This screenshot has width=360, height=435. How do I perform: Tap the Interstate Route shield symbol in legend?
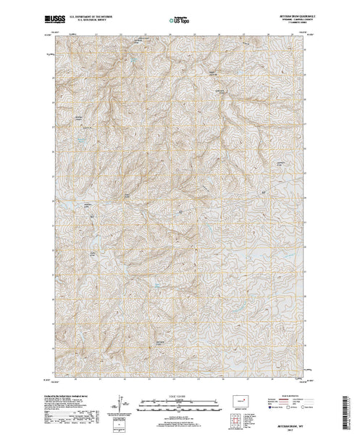coord(269,407)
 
